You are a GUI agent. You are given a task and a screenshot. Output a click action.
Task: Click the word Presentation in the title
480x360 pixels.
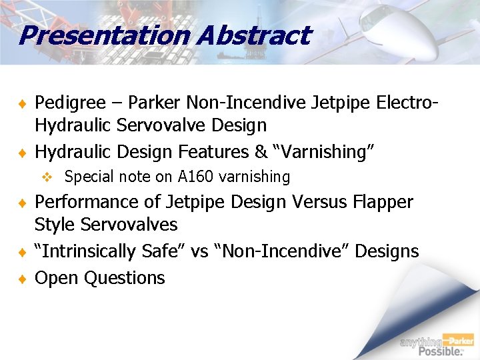pos(98,35)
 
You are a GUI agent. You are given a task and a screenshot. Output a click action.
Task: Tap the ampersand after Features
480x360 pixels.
pos(261,152)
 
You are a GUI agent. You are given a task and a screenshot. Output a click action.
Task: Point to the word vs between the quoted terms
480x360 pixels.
pos(200,251)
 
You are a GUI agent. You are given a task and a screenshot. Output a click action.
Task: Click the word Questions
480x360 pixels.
pos(125,278)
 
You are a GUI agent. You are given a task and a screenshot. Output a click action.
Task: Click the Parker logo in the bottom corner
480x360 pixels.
pos(461,340)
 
